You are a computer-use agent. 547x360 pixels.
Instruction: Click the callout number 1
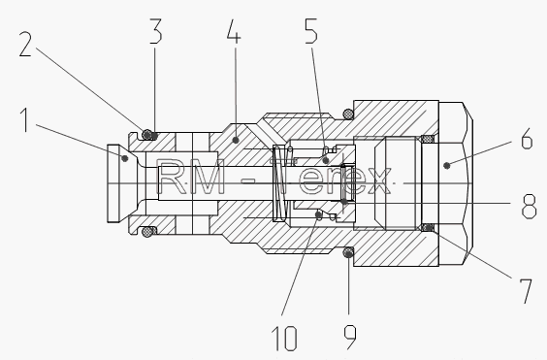click(24, 119)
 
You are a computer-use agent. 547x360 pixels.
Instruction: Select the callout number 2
click(25, 44)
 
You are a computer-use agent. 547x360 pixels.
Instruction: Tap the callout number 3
click(156, 31)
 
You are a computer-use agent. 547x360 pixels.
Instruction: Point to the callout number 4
click(234, 31)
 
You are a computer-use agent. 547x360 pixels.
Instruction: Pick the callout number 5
click(311, 31)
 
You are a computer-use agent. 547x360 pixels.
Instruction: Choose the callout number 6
click(527, 138)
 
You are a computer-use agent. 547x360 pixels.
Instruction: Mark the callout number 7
click(526, 291)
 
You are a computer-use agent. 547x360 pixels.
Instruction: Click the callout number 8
click(529, 207)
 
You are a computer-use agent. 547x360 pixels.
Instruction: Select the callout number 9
click(350, 337)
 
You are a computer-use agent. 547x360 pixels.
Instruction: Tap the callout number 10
click(285, 338)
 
